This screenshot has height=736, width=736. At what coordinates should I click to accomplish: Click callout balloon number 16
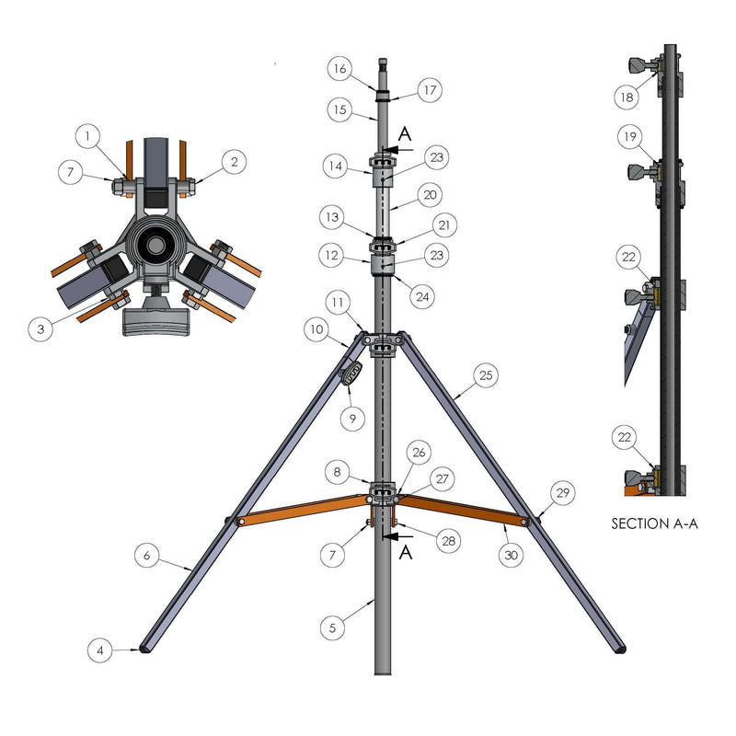[339, 68]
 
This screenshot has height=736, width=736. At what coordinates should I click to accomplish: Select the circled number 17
[430, 90]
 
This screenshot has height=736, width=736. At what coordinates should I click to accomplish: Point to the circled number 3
[40, 328]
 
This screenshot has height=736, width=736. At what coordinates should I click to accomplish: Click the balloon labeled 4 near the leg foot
[100, 650]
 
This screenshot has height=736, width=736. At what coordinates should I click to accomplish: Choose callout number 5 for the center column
[333, 627]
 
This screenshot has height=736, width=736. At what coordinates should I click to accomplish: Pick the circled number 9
[352, 418]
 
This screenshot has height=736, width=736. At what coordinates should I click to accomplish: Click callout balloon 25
[487, 375]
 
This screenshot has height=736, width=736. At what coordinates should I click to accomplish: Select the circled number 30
[511, 556]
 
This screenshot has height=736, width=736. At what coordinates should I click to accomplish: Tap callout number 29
[563, 493]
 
